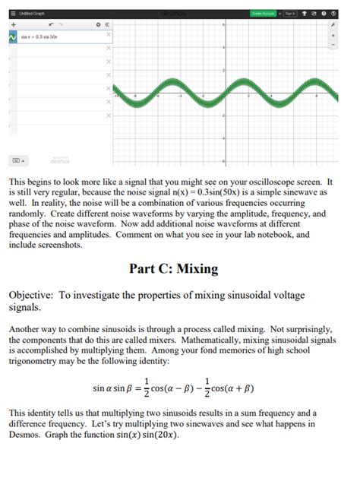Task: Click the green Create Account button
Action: point(263,14)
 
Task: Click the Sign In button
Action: point(290,14)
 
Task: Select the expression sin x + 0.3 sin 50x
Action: point(43,36)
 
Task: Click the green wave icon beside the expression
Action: point(13,36)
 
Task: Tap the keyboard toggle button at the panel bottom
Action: point(17,160)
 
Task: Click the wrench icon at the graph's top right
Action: point(333,25)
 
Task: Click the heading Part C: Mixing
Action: point(173,268)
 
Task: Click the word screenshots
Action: point(55,245)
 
